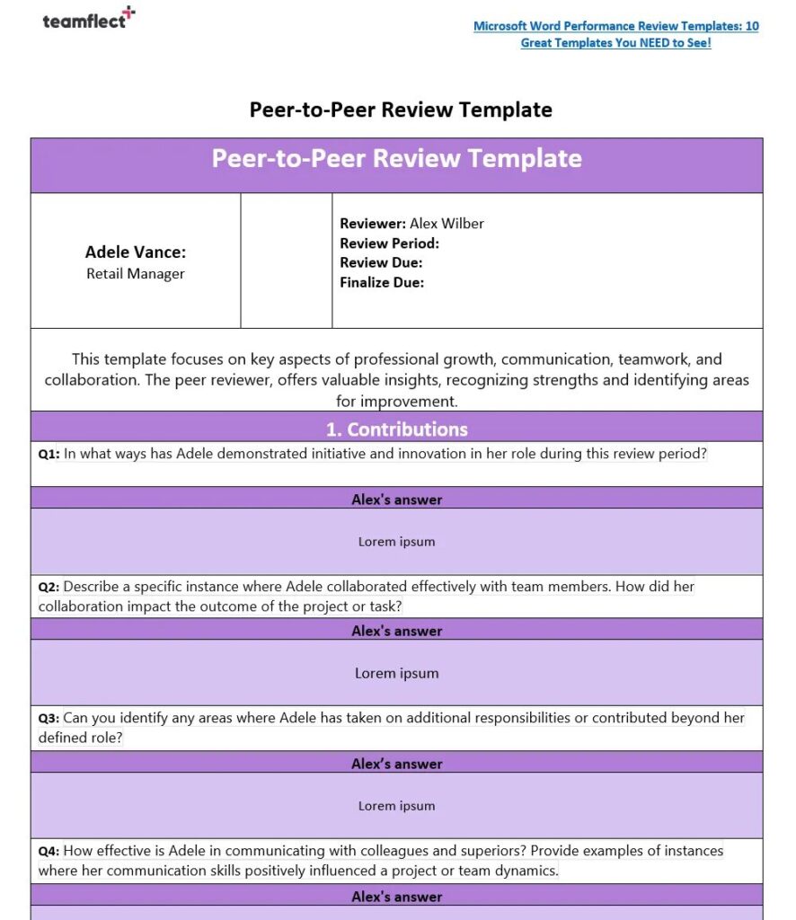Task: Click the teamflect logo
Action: (88, 19)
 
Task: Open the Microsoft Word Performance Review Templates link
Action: (616, 34)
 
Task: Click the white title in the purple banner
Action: (396, 159)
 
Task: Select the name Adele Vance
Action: (136, 252)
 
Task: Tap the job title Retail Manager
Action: (136, 274)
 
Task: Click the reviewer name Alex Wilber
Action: (447, 224)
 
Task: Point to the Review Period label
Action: (389, 243)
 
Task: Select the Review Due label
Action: (381, 263)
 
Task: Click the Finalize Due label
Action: (382, 283)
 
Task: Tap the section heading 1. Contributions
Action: (396, 429)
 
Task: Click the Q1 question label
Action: (49, 455)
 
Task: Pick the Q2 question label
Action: (49, 588)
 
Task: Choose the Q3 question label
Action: (49, 719)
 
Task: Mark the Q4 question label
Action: (49, 852)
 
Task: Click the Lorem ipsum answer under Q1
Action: (396, 542)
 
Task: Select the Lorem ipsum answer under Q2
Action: (396, 673)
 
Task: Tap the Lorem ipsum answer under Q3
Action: (396, 806)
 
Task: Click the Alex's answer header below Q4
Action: (396, 897)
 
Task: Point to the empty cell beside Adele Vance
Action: (286, 261)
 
